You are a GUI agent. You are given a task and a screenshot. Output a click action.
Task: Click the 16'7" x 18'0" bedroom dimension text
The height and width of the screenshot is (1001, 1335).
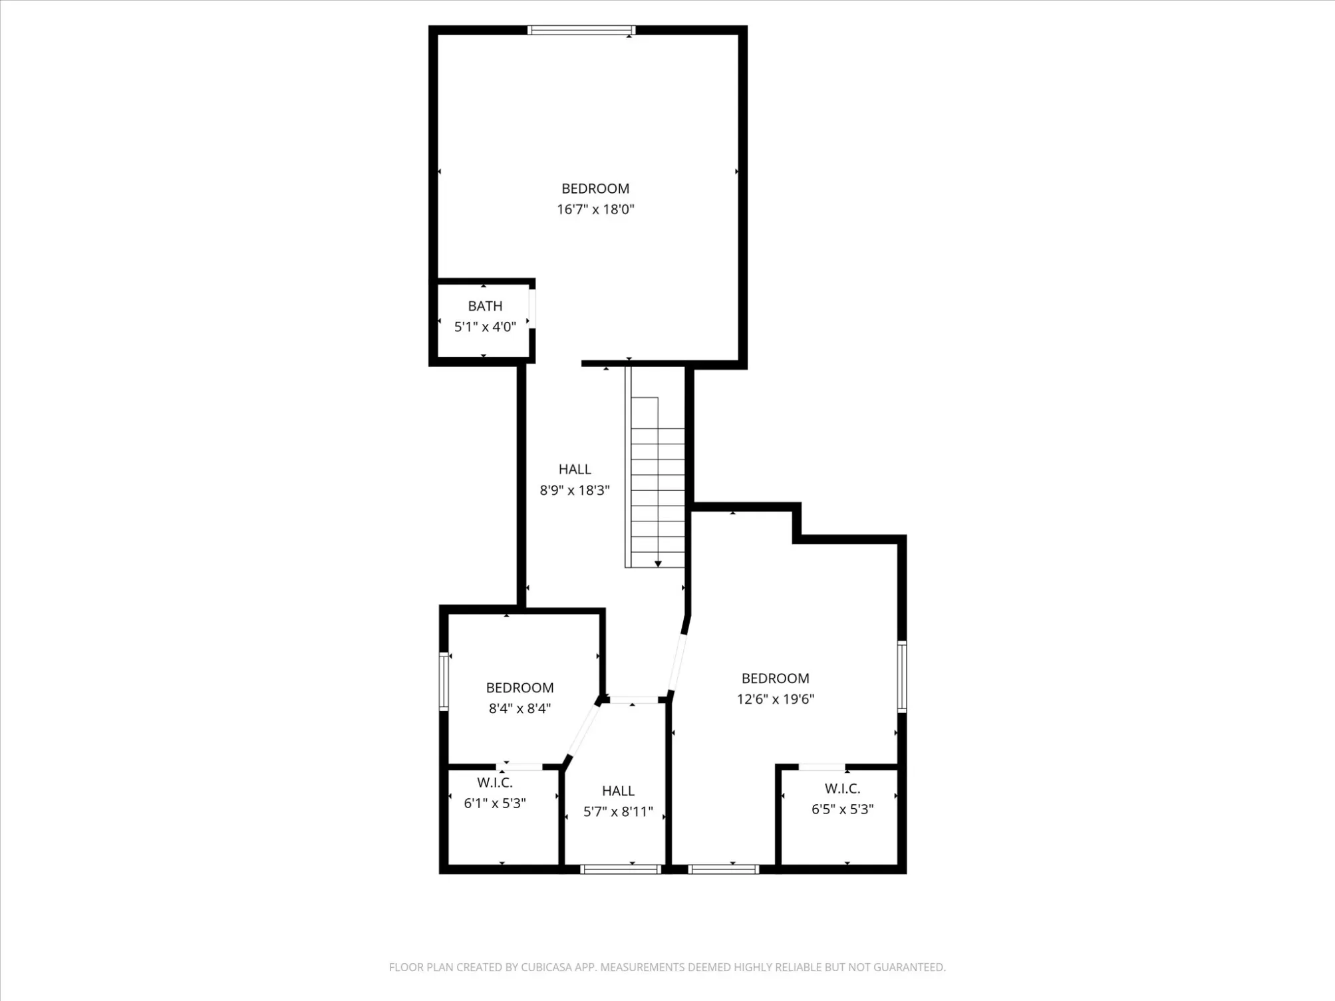[595, 210]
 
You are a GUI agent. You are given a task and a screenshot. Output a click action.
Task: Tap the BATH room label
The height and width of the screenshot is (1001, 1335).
[485, 306]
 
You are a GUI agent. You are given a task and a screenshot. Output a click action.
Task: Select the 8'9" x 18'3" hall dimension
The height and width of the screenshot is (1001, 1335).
[575, 490]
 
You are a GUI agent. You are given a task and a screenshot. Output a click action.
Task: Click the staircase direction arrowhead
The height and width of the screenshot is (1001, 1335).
[658, 563]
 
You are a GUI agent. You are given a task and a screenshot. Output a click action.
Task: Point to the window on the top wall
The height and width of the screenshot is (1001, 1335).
[581, 30]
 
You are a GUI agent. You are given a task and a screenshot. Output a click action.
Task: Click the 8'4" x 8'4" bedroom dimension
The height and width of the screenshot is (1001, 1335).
[519, 708]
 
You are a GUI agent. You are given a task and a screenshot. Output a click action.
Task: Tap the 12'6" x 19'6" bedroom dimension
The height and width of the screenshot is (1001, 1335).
[776, 699]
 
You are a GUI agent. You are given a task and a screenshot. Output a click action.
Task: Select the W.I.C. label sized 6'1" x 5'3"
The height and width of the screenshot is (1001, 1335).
[495, 783]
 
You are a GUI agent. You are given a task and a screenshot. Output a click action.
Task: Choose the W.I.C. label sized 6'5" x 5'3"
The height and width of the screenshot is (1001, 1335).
[843, 789]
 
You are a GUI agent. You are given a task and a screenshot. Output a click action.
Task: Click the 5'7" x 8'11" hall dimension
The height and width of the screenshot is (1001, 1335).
[618, 811]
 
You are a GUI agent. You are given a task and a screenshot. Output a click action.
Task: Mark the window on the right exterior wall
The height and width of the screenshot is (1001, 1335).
[902, 676]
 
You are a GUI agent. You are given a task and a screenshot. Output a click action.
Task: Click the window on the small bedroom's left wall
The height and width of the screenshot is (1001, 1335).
[444, 681]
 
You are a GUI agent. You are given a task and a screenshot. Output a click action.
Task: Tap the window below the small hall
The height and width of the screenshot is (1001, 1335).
[621, 869]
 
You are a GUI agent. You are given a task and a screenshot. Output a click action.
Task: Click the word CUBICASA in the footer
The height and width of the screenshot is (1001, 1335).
[547, 967]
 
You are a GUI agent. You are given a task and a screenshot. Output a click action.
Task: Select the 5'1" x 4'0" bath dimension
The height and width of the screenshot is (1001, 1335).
[485, 327]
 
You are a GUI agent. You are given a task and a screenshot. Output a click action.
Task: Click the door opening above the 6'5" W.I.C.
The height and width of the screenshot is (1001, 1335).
[821, 768]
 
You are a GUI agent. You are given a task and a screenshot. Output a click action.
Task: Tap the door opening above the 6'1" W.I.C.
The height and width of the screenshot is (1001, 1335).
[519, 767]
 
